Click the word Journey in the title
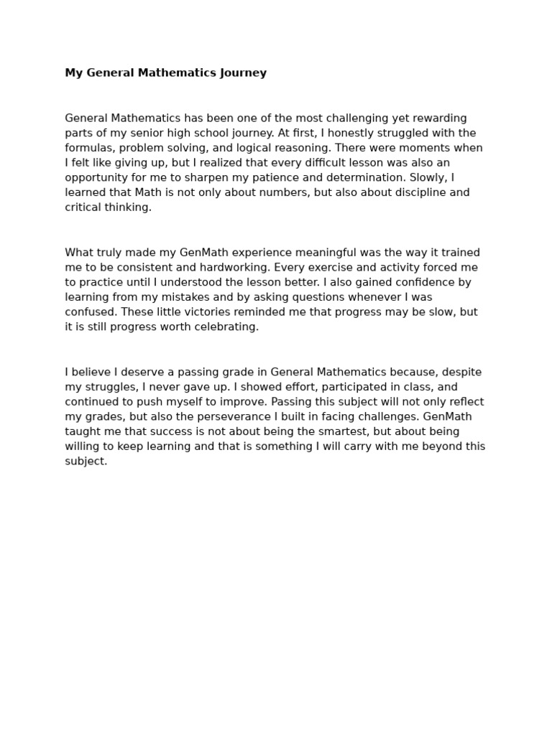(x=245, y=73)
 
